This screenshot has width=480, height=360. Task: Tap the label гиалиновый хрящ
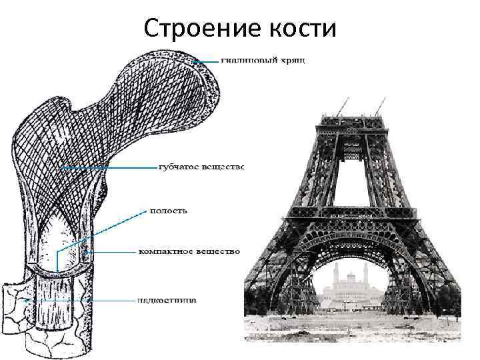coord(263,61)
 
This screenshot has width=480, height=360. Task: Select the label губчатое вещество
coord(201,166)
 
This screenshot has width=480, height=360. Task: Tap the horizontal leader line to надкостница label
coord(80,301)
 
